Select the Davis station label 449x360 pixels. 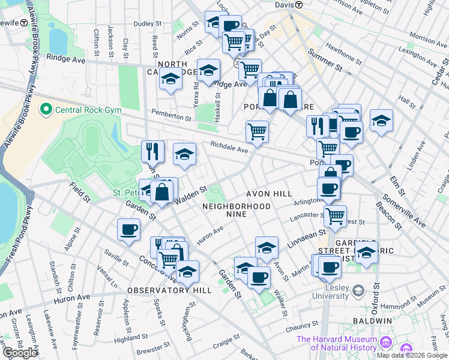pos(283,4)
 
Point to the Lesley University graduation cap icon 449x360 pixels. pos(358,291)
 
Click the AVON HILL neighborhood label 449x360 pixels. pos(269,194)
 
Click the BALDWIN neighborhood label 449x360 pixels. pos(372,321)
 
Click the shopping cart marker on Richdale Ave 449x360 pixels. pos(257,130)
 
